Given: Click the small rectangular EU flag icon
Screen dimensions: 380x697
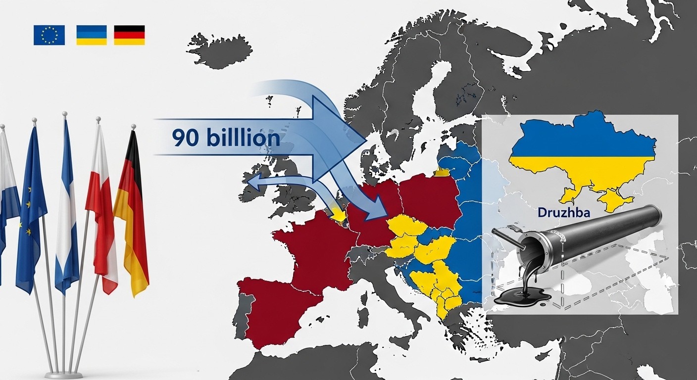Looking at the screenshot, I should [49, 35].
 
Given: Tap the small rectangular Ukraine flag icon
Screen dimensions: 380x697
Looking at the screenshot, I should [92, 35].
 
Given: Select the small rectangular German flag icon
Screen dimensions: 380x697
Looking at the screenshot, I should [129, 35].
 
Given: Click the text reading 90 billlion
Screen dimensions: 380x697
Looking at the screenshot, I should [226, 138].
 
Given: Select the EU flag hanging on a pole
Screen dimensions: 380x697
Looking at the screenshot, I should [31, 208].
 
